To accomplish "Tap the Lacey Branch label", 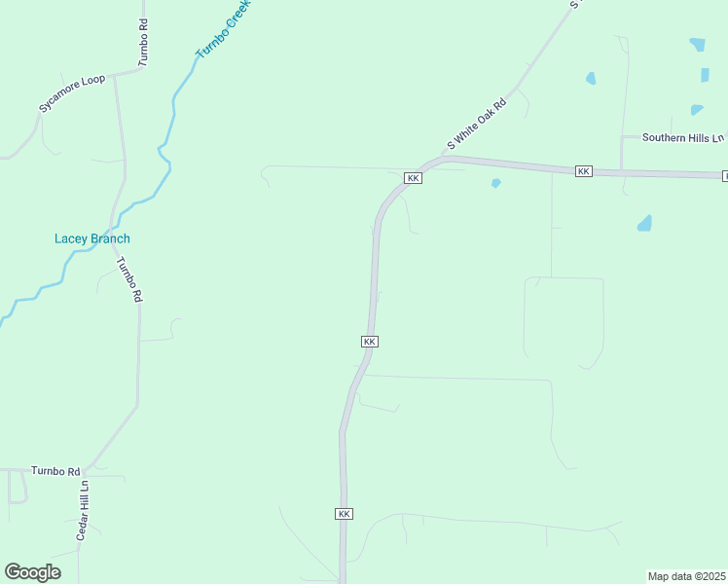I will pyautogui.click(x=91, y=238).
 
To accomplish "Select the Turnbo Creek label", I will pyautogui.click(x=223, y=30).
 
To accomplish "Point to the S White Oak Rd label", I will pyautogui.click(x=477, y=124).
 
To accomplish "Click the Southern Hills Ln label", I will pyautogui.click(x=683, y=138).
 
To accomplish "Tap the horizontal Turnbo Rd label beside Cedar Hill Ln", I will pyautogui.click(x=55, y=471).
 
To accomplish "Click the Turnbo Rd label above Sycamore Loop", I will pyautogui.click(x=143, y=41).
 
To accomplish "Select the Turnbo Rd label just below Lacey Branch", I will pyautogui.click(x=129, y=279).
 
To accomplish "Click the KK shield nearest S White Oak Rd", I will pyautogui.click(x=413, y=178).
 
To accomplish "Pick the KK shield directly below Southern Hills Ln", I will pyautogui.click(x=583, y=171).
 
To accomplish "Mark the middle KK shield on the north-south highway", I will pyautogui.click(x=369, y=342).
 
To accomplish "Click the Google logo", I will pyautogui.click(x=32, y=572).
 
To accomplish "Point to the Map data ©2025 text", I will pyautogui.click(x=687, y=575).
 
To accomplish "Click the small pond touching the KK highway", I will pyautogui.click(x=496, y=183).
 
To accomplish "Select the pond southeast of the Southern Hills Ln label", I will pyautogui.click(x=644, y=224).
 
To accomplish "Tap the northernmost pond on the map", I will pyautogui.click(x=697, y=44).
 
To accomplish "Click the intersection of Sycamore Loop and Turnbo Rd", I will pyautogui.click(x=115, y=73).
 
